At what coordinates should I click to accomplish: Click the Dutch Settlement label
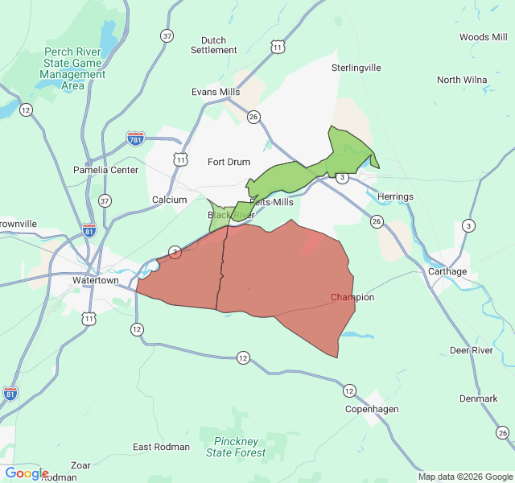pyautogui.click(x=214, y=45)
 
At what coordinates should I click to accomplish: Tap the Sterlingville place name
pyautogui.click(x=356, y=68)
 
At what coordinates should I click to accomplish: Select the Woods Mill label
pyautogui.click(x=484, y=37)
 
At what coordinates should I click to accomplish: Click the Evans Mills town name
pyautogui.click(x=216, y=92)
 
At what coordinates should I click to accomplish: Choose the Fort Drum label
pyautogui.click(x=229, y=162)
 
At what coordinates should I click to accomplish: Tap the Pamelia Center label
pyautogui.click(x=105, y=170)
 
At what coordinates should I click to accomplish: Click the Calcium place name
pyautogui.click(x=169, y=200)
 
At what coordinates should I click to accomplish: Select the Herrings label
pyautogui.click(x=395, y=196)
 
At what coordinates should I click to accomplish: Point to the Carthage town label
pyautogui.click(x=447, y=271)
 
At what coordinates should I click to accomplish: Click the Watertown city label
pyautogui.click(x=96, y=280)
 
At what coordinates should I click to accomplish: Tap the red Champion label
pyautogui.click(x=352, y=297)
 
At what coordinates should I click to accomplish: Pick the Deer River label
pyautogui.click(x=471, y=350)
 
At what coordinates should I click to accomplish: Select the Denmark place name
pyautogui.click(x=478, y=398)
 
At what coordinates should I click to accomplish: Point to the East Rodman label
pyautogui.click(x=161, y=447)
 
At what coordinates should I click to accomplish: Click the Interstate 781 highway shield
pyautogui.click(x=136, y=139)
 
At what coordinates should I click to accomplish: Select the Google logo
pyautogui.click(x=27, y=473)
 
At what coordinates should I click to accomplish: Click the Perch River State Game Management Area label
pyautogui.click(x=72, y=68)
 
